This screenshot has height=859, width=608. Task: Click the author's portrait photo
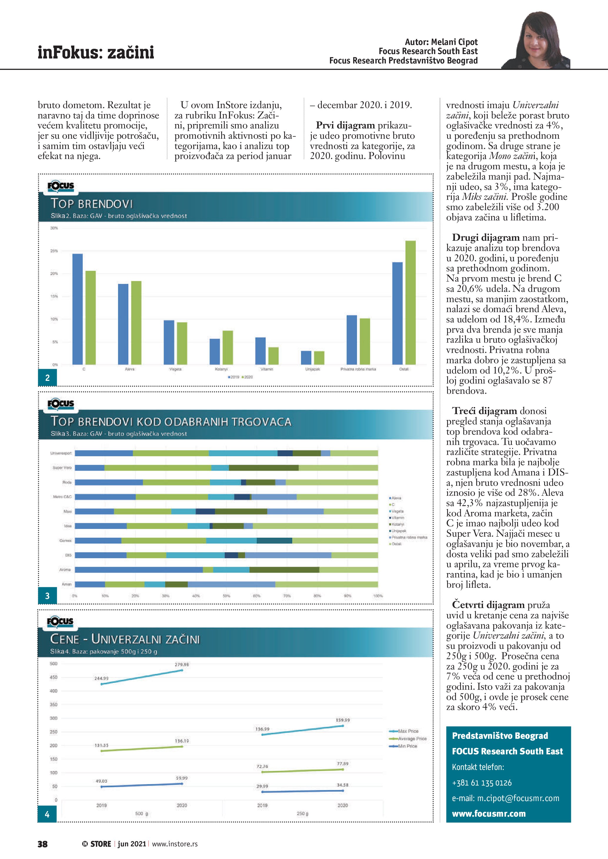click(x=537, y=41)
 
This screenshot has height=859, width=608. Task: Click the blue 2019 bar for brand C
click(x=77, y=309)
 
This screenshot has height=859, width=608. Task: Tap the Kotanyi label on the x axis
click(x=221, y=369)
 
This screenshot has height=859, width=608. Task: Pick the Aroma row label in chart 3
click(x=65, y=570)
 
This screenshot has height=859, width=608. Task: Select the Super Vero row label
click(x=62, y=468)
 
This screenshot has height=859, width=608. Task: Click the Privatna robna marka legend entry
click(x=409, y=537)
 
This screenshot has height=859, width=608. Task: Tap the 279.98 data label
click(x=181, y=664)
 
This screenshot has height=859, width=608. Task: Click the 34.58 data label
click(x=342, y=785)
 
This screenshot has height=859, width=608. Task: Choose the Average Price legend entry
click(x=412, y=739)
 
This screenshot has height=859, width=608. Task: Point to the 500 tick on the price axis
click(x=54, y=664)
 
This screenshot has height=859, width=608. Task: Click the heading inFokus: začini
click(x=96, y=52)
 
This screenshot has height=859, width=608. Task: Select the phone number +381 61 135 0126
click(x=482, y=783)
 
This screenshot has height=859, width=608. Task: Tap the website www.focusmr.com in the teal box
click(x=489, y=813)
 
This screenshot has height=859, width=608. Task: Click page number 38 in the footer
click(x=43, y=844)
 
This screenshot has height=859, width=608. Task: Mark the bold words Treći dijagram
click(x=484, y=411)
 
